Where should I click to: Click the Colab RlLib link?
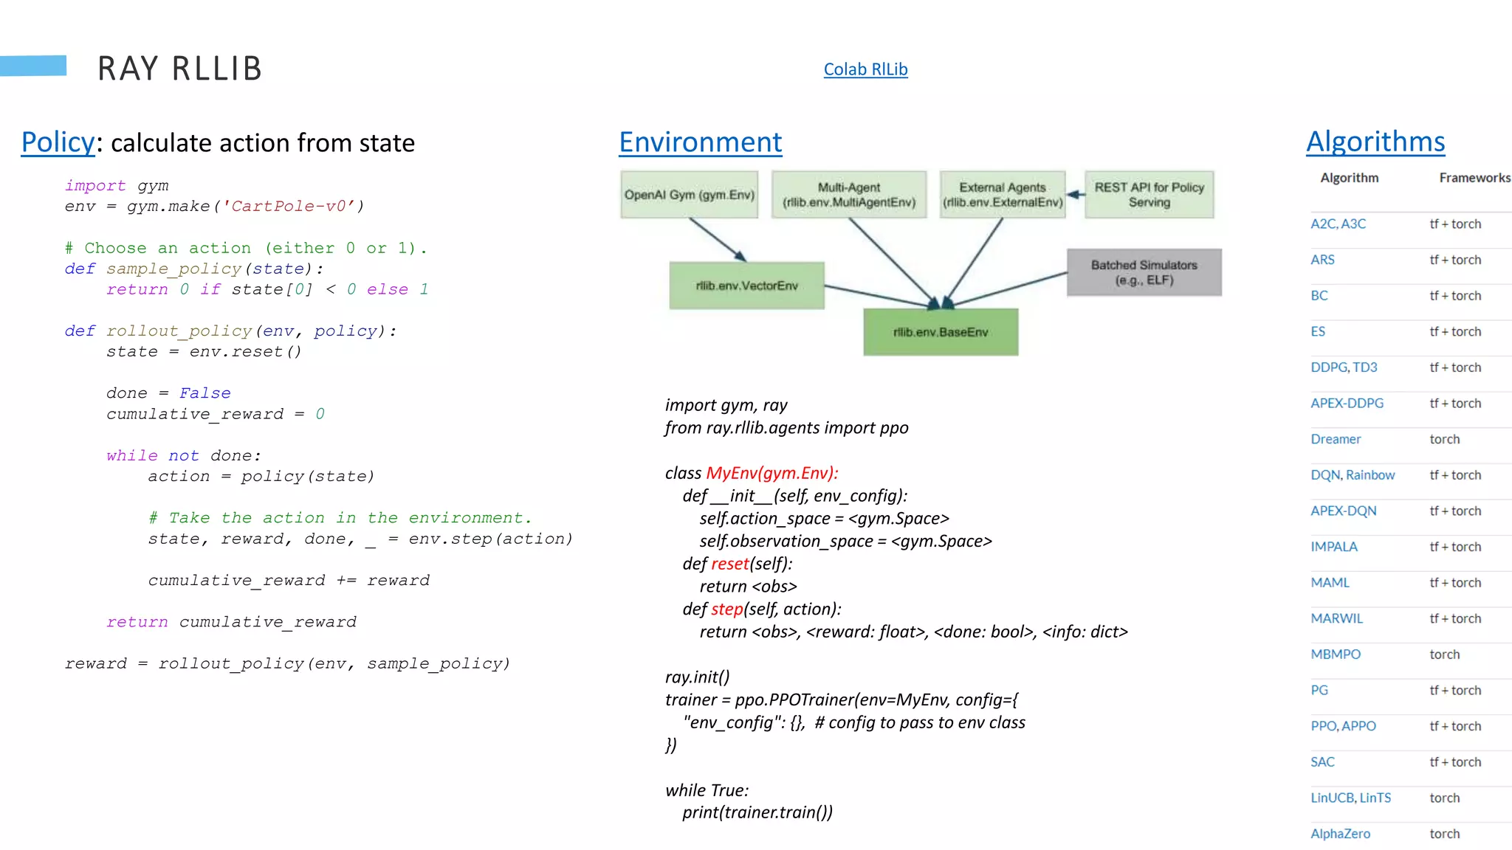point(865,69)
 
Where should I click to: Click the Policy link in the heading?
point(58,142)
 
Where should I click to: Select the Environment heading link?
point(700,142)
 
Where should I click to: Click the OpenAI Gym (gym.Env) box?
point(689,195)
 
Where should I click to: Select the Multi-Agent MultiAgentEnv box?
point(849,195)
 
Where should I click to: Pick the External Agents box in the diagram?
point(1002,195)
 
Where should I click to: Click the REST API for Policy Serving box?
point(1149,195)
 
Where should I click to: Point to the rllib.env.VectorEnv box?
point(746,286)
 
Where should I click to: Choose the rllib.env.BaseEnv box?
point(941,332)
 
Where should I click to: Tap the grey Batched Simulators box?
point(1144,272)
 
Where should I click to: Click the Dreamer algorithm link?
point(1336,439)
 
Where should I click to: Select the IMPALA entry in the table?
point(1334,547)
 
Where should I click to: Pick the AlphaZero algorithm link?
point(1340,834)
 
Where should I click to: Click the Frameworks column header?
point(1474,178)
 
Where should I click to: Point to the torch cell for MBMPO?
point(1444,654)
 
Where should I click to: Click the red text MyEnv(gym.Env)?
point(772,473)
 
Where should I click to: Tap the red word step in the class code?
point(726,609)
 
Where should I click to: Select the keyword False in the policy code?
point(205,393)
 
